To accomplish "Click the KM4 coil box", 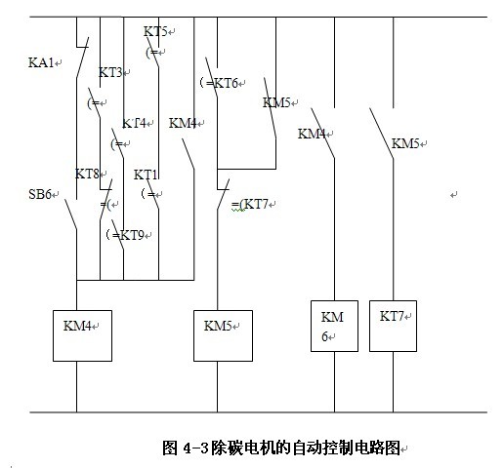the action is click(82, 335).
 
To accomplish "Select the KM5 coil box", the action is click(223, 335).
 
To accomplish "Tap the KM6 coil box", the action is click(334, 326).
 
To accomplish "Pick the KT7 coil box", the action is click(393, 326).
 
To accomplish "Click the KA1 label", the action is click(41, 62).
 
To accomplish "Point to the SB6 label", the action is click(40, 194).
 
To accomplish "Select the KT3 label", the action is click(110, 72).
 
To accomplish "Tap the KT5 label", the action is click(155, 31).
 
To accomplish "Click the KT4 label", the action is click(134, 124).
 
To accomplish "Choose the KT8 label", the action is click(87, 174).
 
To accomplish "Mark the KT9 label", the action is click(132, 235).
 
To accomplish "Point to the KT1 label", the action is click(146, 175).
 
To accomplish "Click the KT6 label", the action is click(226, 84).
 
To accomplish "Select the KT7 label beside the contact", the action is click(256, 204).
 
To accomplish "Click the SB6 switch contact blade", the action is click(70, 214).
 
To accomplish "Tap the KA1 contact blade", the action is click(82, 58).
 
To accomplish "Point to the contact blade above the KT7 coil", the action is click(381, 134).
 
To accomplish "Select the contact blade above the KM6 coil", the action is click(322, 134).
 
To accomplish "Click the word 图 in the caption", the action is click(170, 448).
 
